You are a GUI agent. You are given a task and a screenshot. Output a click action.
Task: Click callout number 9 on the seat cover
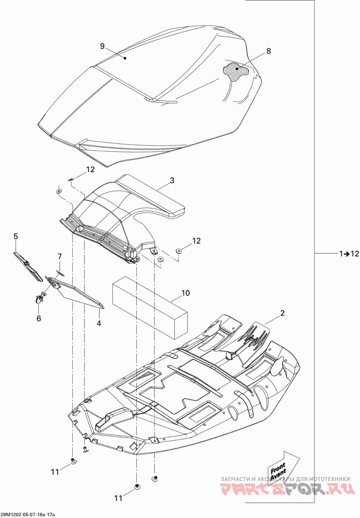tap(102, 46)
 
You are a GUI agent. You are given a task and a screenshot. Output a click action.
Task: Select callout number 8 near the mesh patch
tap(269, 51)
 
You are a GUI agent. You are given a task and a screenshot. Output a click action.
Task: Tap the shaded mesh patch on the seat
tap(236, 70)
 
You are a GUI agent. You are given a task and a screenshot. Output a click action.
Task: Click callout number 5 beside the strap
tap(16, 236)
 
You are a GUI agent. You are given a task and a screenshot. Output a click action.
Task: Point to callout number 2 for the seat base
tap(282, 313)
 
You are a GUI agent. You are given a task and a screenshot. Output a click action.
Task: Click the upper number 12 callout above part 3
tap(91, 170)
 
